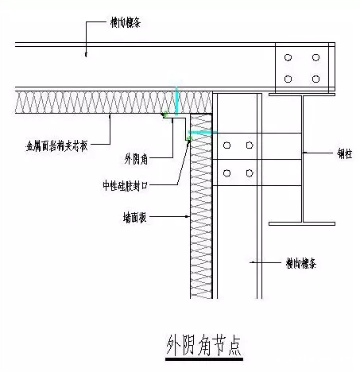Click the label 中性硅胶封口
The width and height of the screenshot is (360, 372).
130,184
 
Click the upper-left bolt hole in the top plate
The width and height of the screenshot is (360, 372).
288,58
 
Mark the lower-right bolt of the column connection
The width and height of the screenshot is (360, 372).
250,172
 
